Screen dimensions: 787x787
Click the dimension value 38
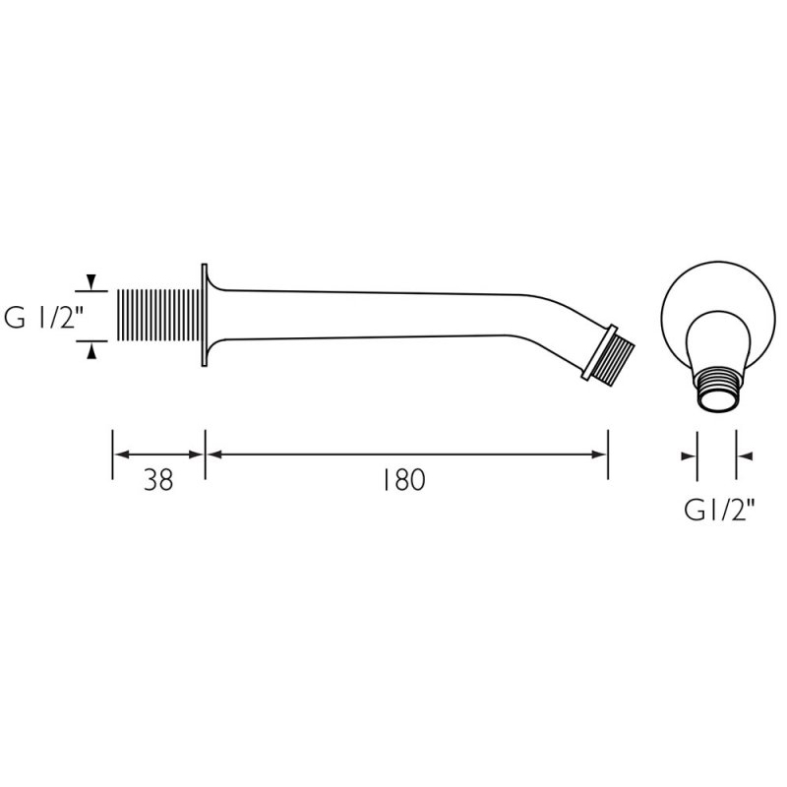point(158,481)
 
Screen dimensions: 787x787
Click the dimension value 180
point(403,481)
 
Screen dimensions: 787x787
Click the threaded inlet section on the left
point(157,315)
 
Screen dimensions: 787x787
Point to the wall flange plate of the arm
point(205,316)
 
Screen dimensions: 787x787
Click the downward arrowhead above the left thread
point(91,283)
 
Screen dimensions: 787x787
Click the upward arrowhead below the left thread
point(91,348)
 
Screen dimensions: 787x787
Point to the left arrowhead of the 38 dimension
point(121,454)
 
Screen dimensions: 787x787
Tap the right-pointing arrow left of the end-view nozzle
point(689,455)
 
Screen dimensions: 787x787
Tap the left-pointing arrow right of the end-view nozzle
point(744,455)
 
